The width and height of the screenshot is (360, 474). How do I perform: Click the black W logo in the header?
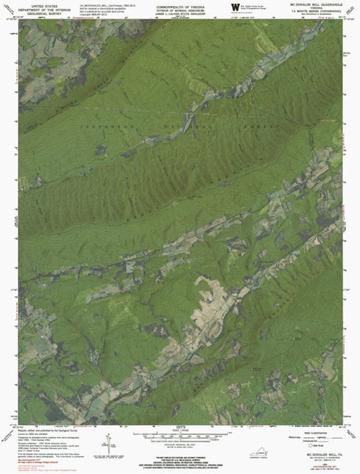click(x=235, y=8)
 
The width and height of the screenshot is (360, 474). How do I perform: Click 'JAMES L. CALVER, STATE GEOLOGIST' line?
click(x=178, y=13)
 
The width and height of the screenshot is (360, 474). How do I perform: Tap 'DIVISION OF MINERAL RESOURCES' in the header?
click(x=178, y=10)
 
